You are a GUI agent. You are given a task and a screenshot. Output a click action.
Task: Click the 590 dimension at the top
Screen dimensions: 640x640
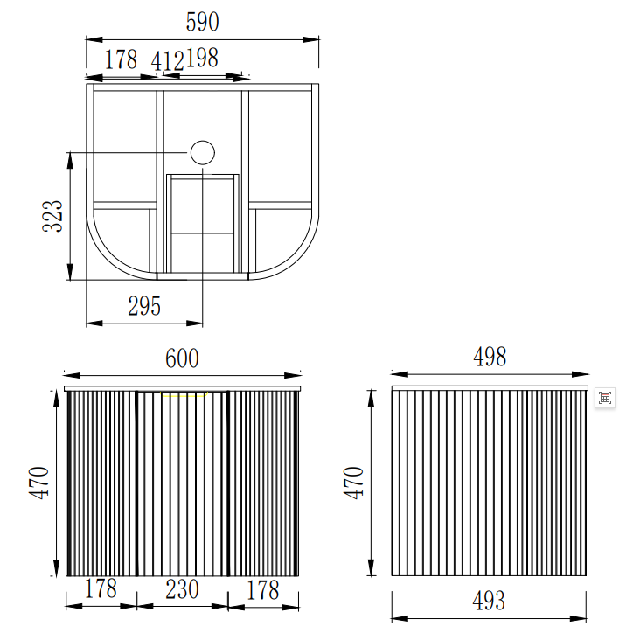[202, 23]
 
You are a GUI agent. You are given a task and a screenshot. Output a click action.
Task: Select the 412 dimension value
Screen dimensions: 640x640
[167, 61]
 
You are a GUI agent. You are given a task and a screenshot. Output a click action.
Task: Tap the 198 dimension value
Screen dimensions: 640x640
[201, 59]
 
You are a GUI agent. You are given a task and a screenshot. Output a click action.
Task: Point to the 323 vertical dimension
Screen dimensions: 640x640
[53, 215]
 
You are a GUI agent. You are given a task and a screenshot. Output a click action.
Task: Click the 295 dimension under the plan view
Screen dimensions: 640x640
[144, 306]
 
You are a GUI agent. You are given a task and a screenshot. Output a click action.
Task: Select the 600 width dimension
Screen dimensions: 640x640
[182, 358]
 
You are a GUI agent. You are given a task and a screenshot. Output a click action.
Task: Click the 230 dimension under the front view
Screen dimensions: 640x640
[182, 589]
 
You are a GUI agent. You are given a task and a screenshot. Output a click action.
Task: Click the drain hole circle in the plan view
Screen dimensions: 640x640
[202, 153]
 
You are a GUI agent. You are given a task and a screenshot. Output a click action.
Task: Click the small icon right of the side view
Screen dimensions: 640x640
[604, 398]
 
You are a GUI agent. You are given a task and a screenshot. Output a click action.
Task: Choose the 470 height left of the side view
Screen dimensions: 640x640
[353, 482]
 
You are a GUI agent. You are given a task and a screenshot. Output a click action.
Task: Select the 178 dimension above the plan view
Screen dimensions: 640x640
[122, 59]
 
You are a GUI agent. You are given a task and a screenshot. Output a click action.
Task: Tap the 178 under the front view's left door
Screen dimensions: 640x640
[101, 589]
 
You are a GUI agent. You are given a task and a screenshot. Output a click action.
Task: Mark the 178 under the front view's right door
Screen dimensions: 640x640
[261, 589]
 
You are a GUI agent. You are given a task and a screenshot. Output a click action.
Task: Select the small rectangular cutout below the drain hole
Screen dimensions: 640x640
[202, 223]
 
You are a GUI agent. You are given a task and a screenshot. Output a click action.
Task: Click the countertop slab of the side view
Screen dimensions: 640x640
[490, 387]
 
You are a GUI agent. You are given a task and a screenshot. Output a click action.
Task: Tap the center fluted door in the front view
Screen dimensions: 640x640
[183, 485]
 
